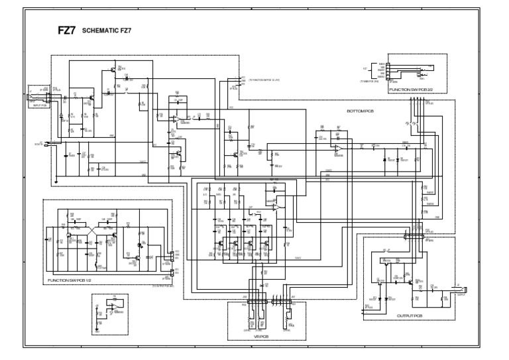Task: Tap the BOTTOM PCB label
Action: tap(361, 111)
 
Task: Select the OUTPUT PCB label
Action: tap(411, 316)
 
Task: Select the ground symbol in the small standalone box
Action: tap(99, 327)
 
